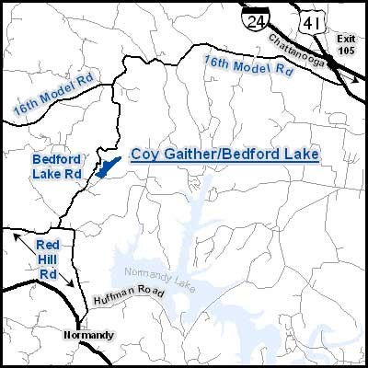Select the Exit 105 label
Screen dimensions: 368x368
coord(344,44)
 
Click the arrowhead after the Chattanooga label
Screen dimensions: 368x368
coord(355,82)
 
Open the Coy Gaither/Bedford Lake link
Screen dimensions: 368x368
coord(224,155)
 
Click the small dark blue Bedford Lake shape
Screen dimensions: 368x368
coord(109,168)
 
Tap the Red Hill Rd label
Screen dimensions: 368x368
coord(48,259)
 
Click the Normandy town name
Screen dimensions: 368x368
coord(89,334)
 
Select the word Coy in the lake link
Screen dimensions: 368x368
coord(143,155)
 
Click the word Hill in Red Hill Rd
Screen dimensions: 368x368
coord(48,259)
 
